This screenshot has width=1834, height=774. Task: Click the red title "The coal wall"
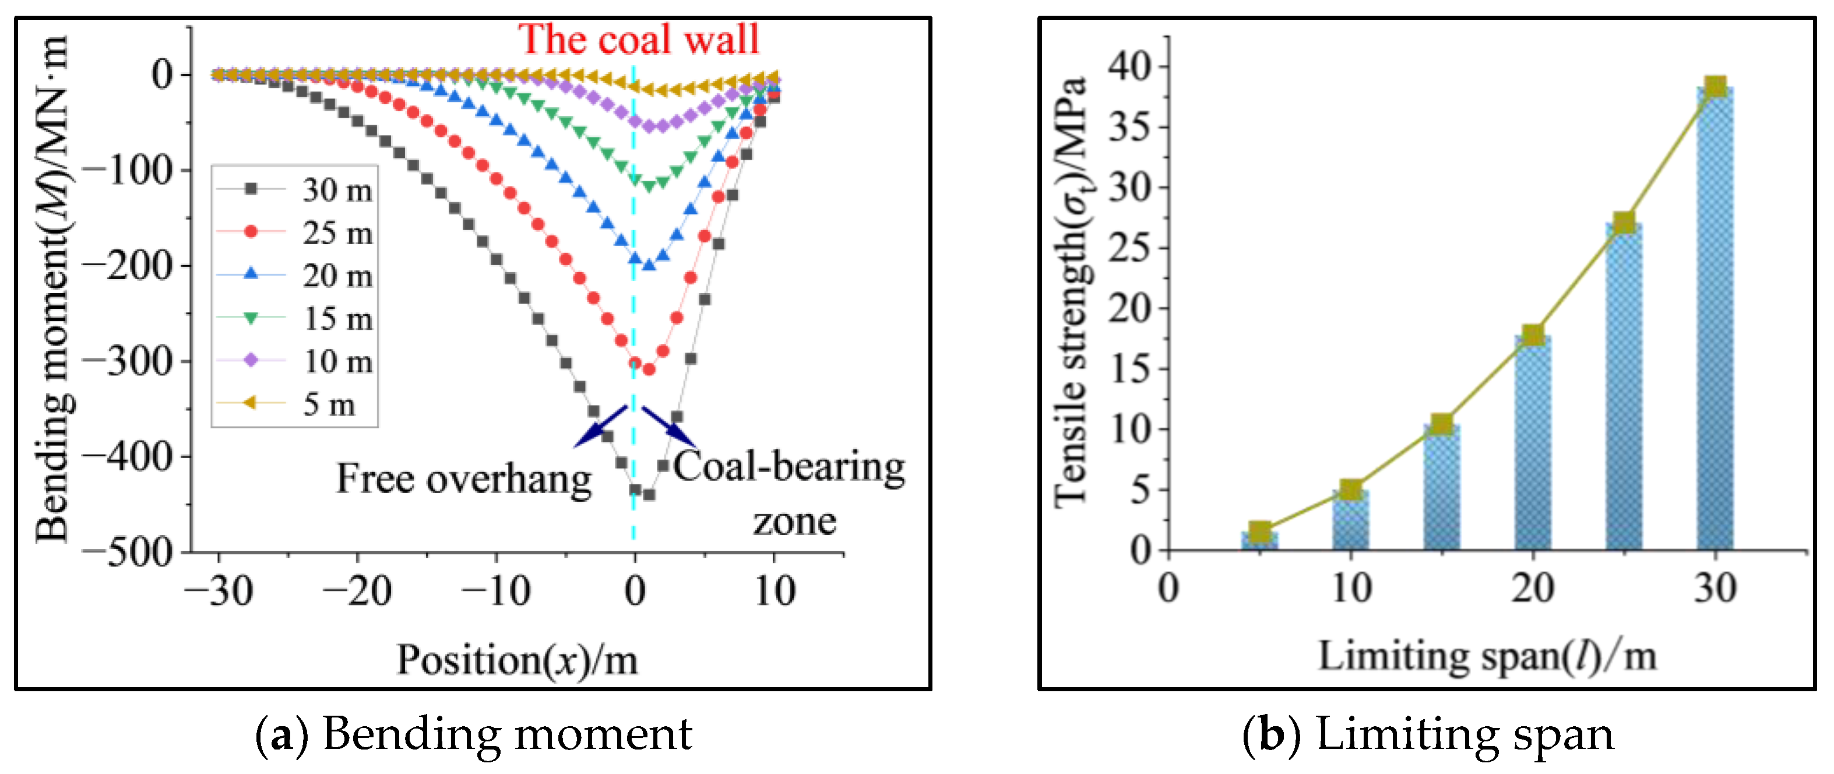[639, 39]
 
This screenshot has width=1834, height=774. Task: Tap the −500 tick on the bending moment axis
[128, 553]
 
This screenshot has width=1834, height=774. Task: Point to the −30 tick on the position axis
[219, 591]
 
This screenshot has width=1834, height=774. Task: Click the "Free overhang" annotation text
[463, 479]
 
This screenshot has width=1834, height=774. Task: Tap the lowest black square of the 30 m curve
[649, 494]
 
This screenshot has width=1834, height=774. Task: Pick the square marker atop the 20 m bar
[1533, 335]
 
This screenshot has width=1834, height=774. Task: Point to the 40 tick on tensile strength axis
[1131, 67]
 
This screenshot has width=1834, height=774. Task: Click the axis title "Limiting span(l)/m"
[1487, 656]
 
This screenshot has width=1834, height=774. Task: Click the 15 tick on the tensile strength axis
[1131, 370]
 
